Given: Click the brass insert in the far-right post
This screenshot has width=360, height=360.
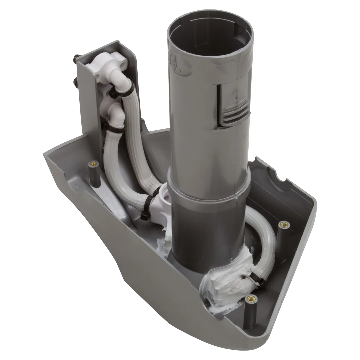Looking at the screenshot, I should (x=284, y=224).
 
